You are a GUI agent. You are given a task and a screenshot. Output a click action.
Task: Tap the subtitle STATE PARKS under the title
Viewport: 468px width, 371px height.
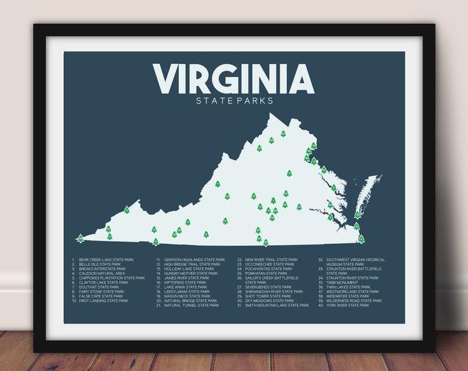pyautogui.click(x=233, y=101)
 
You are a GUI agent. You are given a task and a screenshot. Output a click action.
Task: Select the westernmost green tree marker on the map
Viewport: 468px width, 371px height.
pyautogui.click(x=81, y=238)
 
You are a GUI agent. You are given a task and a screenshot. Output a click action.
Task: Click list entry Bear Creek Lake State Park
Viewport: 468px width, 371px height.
pyautogui.click(x=103, y=260)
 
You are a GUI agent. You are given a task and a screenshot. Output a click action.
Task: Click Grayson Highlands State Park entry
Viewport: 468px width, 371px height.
pyautogui.click(x=193, y=260)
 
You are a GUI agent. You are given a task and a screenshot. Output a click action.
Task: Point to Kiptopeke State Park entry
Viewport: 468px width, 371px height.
pyautogui.click(x=185, y=282)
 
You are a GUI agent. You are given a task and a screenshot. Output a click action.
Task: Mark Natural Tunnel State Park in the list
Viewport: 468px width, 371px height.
pyautogui.click(x=191, y=305)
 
